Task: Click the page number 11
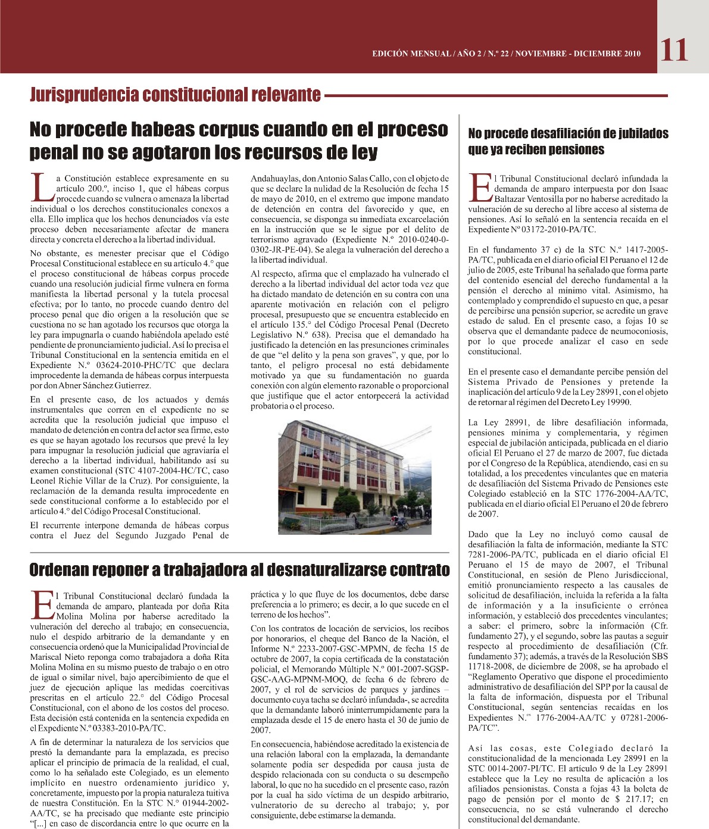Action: pos(673,50)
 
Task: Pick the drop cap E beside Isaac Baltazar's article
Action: pos(480,187)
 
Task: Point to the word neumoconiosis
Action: pos(637,331)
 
